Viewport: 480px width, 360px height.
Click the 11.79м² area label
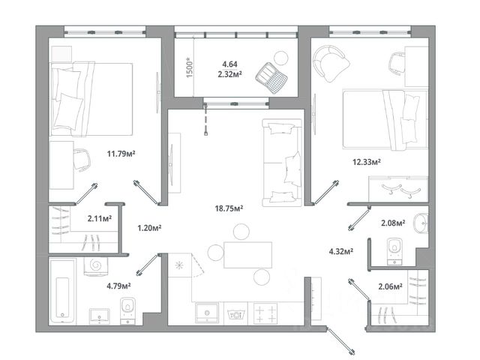pyautogui.click(x=121, y=153)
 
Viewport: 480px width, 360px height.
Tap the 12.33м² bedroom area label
pyautogui.click(x=367, y=162)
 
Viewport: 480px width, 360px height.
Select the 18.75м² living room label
pyautogui.click(x=229, y=208)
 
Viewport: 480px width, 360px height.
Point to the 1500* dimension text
pyautogui.click(x=190, y=67)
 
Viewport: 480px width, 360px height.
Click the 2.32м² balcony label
pyautogui.click(x=230, y=74)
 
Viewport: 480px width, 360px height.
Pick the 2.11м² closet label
pyautogui.click(x=100, y=218)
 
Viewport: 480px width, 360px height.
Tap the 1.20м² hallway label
pyautogui.click(x=149, y=228)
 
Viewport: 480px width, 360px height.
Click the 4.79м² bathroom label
pyautogui.click(x=118, y=286)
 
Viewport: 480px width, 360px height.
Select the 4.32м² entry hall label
pyautogui.click(x=341, y=252)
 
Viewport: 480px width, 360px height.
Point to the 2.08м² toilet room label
pyautogui.click(x=393, y=223)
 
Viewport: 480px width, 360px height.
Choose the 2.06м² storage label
pyautogui.click(x=390, y=286)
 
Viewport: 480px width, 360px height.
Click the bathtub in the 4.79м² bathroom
pyautogui.click(x=62, y=291)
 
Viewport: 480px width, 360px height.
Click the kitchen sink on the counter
pyautogui.click(x=207, y=313)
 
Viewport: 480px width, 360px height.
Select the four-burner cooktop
pyautogui.click(x=265, y=313)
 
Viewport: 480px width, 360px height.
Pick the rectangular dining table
pyautogui.click(x=248, y=255)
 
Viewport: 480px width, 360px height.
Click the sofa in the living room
pyautogui.click(x=282, y=163)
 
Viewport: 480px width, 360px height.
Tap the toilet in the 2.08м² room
pyautogui.click(x=394, y=251)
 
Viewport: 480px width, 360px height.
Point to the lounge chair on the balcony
pyautogui.click(x=271, y=78)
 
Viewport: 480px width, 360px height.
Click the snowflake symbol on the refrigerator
pyautogui.click(x=179, y=265)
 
